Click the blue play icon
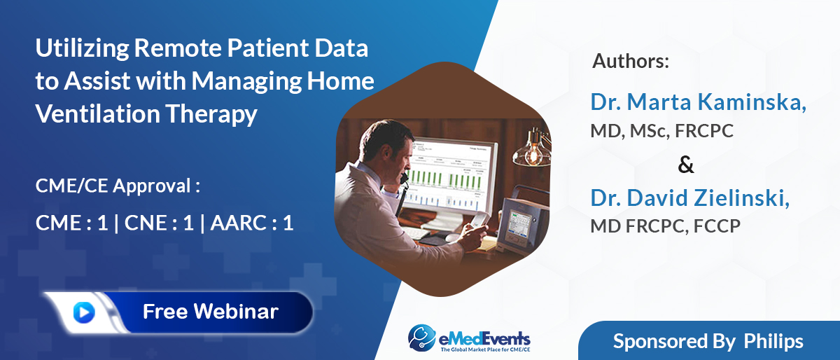coord(84,312)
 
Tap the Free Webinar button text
coord(211,311)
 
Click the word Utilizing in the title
coord(82,49)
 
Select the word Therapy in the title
coord(211,114)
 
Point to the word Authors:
coord(631,61)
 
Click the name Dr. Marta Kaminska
coord(699,102)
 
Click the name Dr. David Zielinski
coord(690,198)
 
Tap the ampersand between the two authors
coord(686,165)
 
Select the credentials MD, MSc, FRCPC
coord(662,131)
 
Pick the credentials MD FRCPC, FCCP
coord(666,226)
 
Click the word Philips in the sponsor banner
coord(773,342)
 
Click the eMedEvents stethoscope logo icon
coord(422,337)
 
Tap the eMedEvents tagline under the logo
coord(485,349)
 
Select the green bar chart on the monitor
coord(447,179)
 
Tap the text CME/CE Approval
coord(118,186)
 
